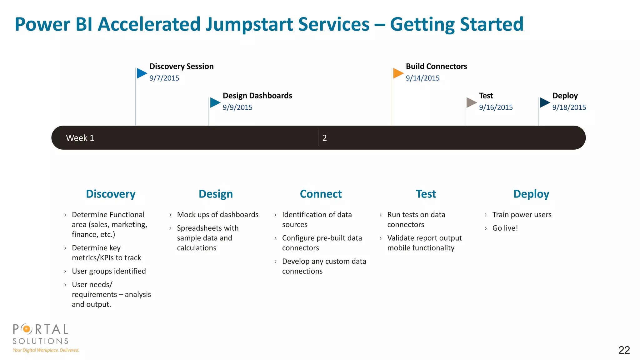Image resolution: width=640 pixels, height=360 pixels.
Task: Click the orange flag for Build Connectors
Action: click(x=398, y=73)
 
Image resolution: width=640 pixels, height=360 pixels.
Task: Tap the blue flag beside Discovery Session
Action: click(x=142, y=73)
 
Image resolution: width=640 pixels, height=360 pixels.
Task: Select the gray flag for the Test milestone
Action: click(x=471, y=102)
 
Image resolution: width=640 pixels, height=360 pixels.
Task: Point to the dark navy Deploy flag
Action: click(x=544, y=102)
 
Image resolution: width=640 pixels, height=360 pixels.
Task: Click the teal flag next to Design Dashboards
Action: click(x=215, y=102)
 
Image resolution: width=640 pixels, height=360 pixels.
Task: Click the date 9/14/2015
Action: click(x=422, y=78)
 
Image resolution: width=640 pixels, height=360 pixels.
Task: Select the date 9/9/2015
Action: click(x=237, y=107)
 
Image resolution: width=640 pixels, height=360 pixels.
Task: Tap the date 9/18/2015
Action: click(x=569, y=107)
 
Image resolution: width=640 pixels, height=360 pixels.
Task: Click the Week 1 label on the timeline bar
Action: click(x=80, y=138)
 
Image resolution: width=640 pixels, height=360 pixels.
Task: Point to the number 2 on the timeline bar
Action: click(x=324, y=138)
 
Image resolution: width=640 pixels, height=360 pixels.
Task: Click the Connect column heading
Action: click(x=321, y=194)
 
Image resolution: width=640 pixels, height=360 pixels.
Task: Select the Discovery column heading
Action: click(x=111, y=194)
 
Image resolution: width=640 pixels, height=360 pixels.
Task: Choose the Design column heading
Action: click(x=216, y=194)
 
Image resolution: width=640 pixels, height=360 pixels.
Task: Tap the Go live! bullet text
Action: click(x=505, y=228)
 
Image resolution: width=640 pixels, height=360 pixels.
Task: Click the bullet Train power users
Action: click(x=522, y=215)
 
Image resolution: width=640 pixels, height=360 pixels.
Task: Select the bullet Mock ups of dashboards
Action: click(x=217, y=215)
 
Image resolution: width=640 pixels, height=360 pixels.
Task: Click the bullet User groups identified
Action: click(x=109, y=271)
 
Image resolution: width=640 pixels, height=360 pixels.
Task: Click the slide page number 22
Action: click(x=624, y=350)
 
